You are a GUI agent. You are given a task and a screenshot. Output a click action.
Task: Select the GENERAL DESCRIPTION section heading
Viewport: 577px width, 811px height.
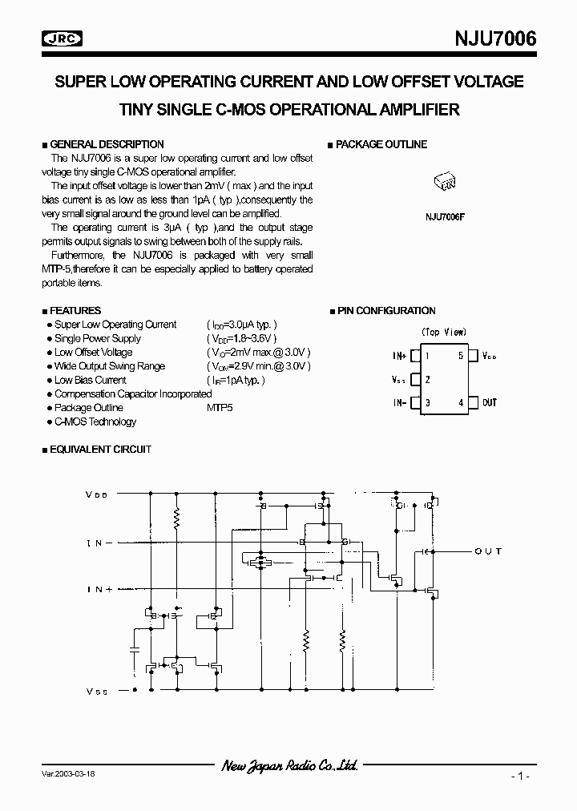click(x=107, y=145)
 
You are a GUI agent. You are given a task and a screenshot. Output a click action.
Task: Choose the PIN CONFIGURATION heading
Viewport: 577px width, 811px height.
click(x=385, y=311)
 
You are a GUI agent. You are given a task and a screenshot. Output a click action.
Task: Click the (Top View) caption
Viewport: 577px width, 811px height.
click(x=443, y=332)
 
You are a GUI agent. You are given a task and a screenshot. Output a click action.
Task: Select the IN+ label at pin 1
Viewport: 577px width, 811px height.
click(x=399, y=355)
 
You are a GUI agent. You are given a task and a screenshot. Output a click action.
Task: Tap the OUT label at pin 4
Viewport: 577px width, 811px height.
click(x=490, y=402)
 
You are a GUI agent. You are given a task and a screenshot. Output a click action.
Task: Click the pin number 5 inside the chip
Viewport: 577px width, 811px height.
click(x=460, y=355)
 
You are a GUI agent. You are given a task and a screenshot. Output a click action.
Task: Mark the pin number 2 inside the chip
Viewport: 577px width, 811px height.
click(x=428, y=380)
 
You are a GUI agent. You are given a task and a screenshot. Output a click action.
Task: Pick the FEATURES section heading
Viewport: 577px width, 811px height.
click(x=75, y=311)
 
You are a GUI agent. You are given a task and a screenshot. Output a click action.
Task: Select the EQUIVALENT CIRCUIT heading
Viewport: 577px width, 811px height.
click(x=100, y=450)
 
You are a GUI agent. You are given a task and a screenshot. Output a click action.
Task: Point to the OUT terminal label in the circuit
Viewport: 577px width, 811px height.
click(x=488, y=551)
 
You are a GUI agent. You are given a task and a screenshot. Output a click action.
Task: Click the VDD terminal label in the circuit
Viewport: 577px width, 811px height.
click(x=96, y=495)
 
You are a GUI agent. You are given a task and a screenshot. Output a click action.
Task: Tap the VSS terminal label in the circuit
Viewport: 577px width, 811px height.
click(x=96, y=690)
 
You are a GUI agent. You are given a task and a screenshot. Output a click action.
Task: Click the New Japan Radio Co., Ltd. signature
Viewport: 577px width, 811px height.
click(x=289, y=766)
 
